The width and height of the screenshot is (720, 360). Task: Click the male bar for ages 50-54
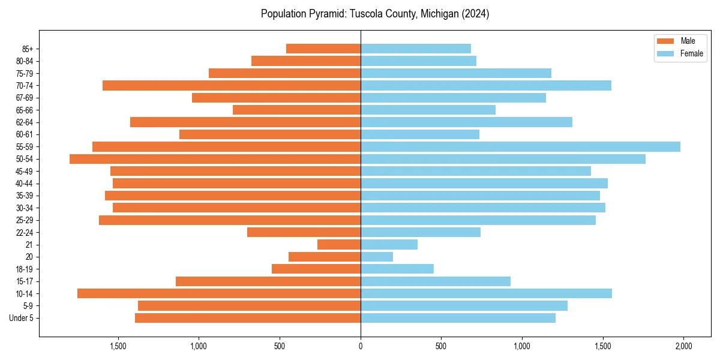[215, 159]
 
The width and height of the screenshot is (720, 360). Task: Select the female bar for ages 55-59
[520, 146]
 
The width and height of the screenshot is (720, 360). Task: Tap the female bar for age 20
[377, 257]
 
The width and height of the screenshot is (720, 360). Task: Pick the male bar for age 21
[339, 245]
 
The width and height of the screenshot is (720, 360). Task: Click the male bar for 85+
[323, 49]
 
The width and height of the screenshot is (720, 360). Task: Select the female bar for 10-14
[486, 293]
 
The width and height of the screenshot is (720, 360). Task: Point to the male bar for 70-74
[232, 85]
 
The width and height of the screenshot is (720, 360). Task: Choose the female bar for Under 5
[458, 318]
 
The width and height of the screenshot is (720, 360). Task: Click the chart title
[375, 14]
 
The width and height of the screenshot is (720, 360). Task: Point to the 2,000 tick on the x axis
[683, 346]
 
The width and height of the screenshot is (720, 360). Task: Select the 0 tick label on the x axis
[361, 346]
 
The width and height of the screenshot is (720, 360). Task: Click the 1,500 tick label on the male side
[118, 346]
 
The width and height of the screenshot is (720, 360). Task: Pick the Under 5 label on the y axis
[22, 318]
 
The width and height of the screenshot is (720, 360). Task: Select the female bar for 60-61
[420, 134]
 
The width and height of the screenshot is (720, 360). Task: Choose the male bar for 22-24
[304, 232]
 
